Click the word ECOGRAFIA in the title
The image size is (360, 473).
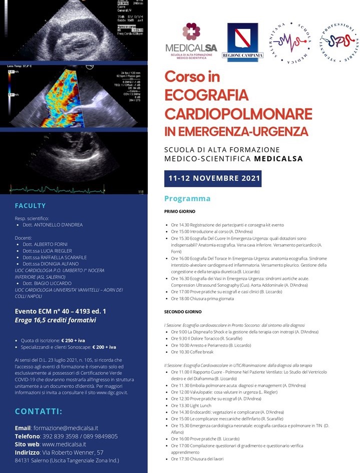coord(206,94)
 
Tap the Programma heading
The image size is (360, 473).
coord(187,198)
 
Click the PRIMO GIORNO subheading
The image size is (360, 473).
coord(180,212)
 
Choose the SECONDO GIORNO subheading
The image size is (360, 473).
coord(183,311)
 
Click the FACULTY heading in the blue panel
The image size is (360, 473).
coord(30,206)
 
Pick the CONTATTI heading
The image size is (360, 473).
coord(39,411)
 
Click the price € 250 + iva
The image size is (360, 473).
coord(71,340)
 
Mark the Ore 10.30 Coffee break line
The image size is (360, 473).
coord(193,352)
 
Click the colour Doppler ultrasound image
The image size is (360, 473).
coord(74,96)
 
